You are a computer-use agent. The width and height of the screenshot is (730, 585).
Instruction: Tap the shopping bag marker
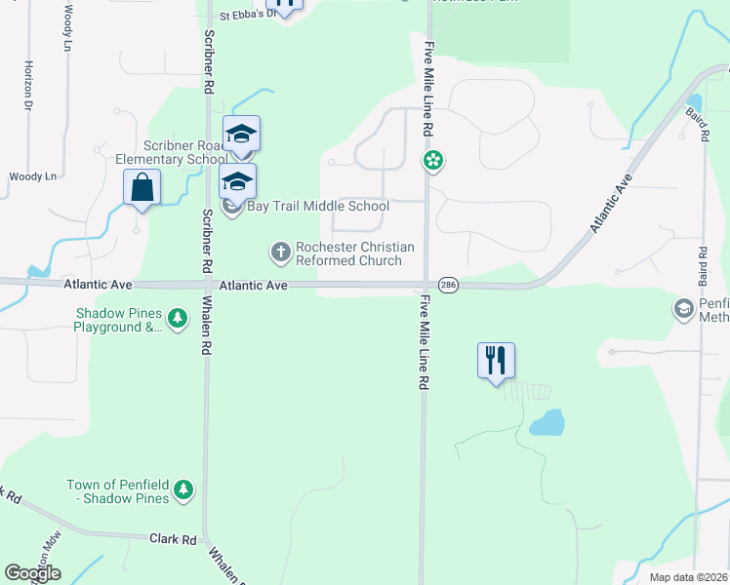142,186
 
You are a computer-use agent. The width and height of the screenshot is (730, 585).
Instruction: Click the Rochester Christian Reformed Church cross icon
280,253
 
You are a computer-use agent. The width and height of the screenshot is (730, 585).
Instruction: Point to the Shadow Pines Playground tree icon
177,319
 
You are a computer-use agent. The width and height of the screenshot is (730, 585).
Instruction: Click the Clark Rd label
173,538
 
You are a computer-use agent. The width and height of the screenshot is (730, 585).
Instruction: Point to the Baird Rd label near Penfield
703,265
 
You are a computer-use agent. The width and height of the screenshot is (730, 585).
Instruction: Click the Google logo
32,573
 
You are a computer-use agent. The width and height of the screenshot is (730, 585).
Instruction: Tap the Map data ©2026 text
687,577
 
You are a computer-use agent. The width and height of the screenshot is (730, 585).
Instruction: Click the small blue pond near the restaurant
547,423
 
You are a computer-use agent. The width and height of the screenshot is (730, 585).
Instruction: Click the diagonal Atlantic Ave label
611,204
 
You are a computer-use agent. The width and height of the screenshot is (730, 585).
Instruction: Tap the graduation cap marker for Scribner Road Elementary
241,134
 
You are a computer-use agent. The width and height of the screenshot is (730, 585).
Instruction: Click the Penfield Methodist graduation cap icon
683,309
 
